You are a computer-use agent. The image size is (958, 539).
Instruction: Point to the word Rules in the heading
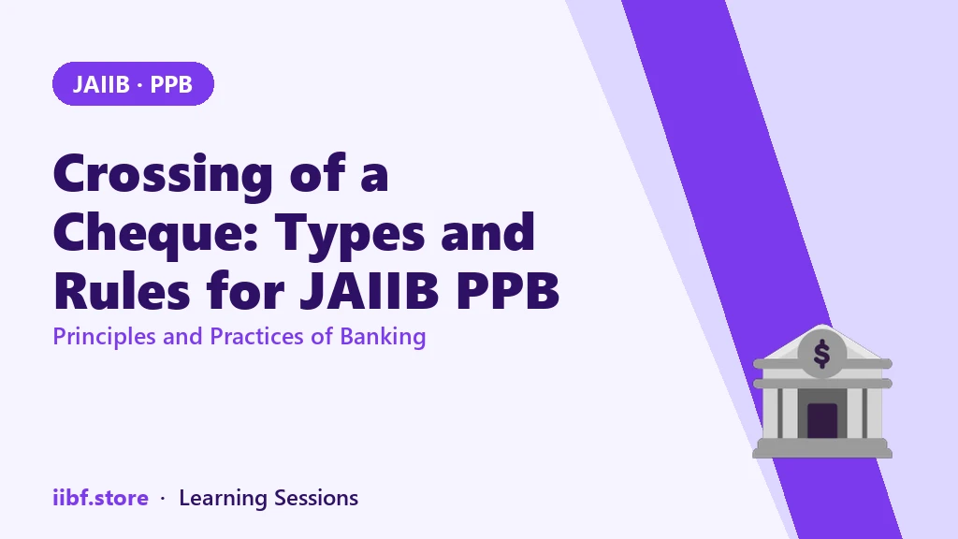click(x=123, y=291)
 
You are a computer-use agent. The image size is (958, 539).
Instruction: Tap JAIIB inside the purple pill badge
click(x=101, y=84)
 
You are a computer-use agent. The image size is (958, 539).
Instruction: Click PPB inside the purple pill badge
click(x=171, y=84)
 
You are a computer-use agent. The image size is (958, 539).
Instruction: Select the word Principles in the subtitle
click(x=105, y=337)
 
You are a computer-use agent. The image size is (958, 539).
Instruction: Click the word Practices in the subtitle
click(x=256, y=337)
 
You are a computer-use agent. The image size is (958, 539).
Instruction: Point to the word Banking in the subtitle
click(x=383, y=337)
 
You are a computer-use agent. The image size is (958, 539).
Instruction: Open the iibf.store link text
click(x=101, y=498)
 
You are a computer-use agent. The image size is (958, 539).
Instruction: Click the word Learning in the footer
click(x=223, y=499)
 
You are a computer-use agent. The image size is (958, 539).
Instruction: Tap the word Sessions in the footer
click(x=316, y=498)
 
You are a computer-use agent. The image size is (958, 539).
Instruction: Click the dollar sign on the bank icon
click(x=822, y=354)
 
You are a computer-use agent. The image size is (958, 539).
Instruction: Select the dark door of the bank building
click(x=822, y=420)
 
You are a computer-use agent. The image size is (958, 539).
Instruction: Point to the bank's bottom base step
click(x=822, y=453)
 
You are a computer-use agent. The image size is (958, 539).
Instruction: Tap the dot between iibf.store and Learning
click(x=163, y=500)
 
